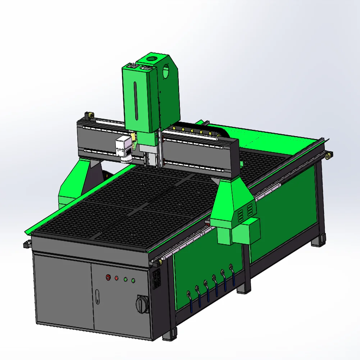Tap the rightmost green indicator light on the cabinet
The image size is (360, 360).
[133, 280]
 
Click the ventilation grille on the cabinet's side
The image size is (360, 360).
[157, 279]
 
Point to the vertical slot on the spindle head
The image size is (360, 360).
[136, 101]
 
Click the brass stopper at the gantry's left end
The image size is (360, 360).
[88, 115]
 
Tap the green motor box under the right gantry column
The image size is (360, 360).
[246, 231]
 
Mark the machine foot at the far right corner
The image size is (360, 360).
[319, 240]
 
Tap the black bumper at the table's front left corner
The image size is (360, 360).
[26, 245]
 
